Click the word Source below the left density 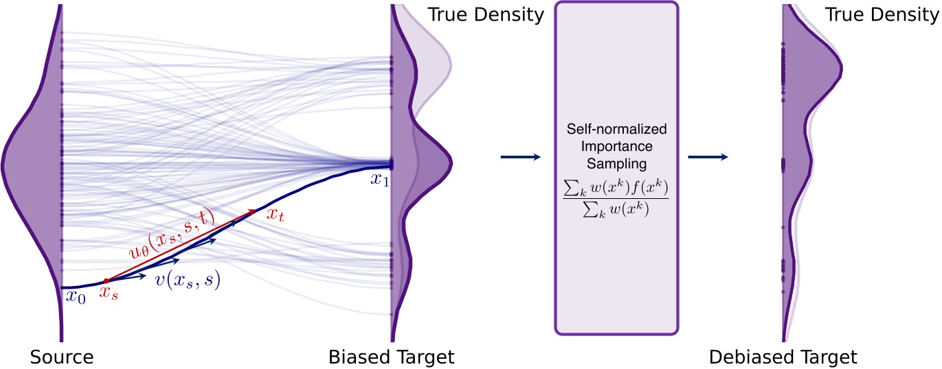click(62, 357)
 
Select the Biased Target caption click(391, 357)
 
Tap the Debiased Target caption click(783, 357)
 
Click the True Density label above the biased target click(486, 14)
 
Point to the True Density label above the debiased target click(882, 14)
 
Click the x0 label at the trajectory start click(76, 297)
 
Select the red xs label click(109, 295)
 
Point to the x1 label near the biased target click(379, 180)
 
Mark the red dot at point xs click(106, 281)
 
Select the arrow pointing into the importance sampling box click(520, 157)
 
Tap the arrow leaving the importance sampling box click(707, 157)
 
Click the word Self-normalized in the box click(616, 130)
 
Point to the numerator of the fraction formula click(616, 186)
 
